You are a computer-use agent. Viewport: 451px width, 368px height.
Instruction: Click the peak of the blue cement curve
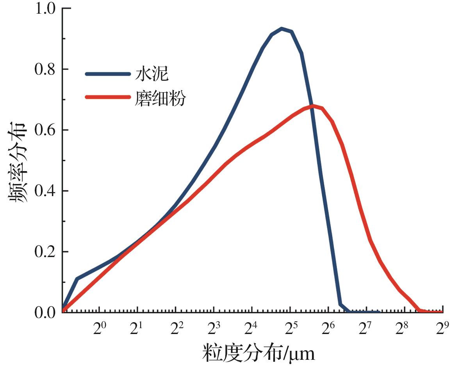pos(282,29)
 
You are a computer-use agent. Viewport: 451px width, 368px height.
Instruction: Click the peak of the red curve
pos(313,105)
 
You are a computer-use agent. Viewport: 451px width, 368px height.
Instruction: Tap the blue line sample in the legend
pos(107,74)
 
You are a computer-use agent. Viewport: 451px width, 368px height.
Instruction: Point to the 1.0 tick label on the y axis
pos(46,9)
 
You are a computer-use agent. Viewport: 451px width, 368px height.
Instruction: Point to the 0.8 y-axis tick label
pos(46,69)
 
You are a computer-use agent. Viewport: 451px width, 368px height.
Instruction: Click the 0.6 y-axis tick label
pos(46,130)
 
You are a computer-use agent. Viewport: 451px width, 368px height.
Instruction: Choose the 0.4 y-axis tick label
pos(46,191)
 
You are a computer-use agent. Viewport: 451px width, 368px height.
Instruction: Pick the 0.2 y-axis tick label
pos(46,252)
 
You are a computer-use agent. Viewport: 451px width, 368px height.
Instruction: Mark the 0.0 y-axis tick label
pos(46,313)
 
